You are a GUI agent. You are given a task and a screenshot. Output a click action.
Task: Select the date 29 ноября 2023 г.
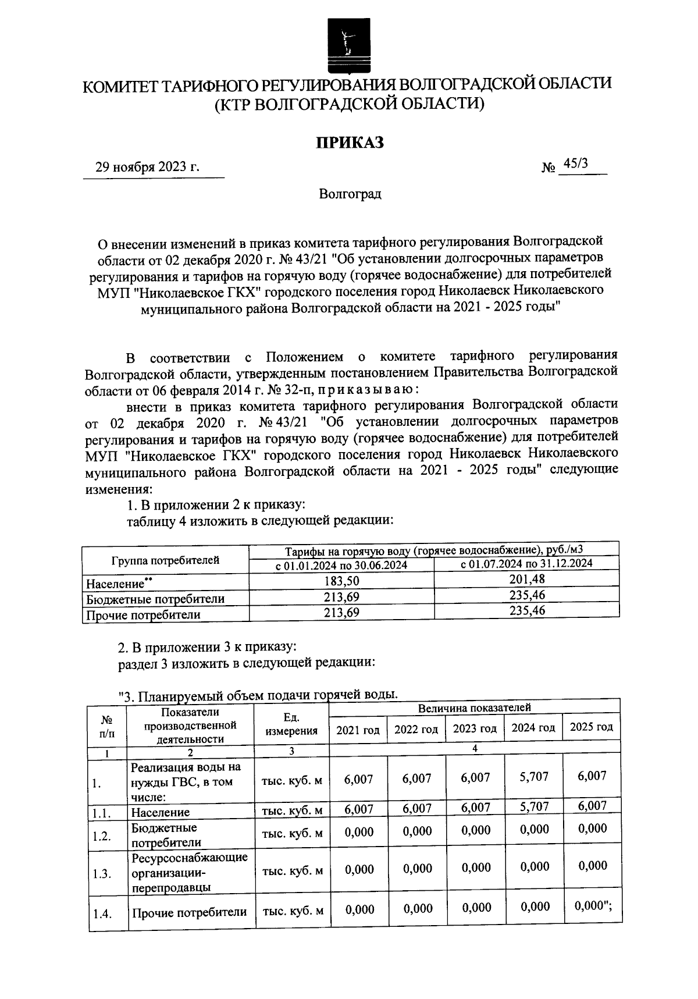148,168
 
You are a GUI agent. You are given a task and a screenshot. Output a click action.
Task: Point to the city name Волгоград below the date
350,194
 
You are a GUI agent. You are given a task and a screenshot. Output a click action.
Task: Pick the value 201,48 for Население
526,580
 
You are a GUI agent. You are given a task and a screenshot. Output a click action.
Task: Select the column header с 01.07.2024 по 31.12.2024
526,564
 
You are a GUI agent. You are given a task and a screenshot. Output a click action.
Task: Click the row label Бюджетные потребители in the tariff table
155,599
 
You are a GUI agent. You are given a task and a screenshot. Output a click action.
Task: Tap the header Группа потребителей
165,560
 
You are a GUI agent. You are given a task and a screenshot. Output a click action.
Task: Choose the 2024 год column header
533,728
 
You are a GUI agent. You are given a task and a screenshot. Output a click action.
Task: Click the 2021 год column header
358,730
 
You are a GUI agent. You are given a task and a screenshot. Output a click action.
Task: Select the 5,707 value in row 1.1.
533,807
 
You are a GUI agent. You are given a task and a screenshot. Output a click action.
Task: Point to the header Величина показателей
474,708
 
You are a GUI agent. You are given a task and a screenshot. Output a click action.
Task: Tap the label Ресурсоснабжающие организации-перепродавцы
190,873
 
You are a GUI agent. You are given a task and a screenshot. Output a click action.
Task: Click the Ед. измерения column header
291,725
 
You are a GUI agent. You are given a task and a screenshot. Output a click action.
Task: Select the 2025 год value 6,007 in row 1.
592,776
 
